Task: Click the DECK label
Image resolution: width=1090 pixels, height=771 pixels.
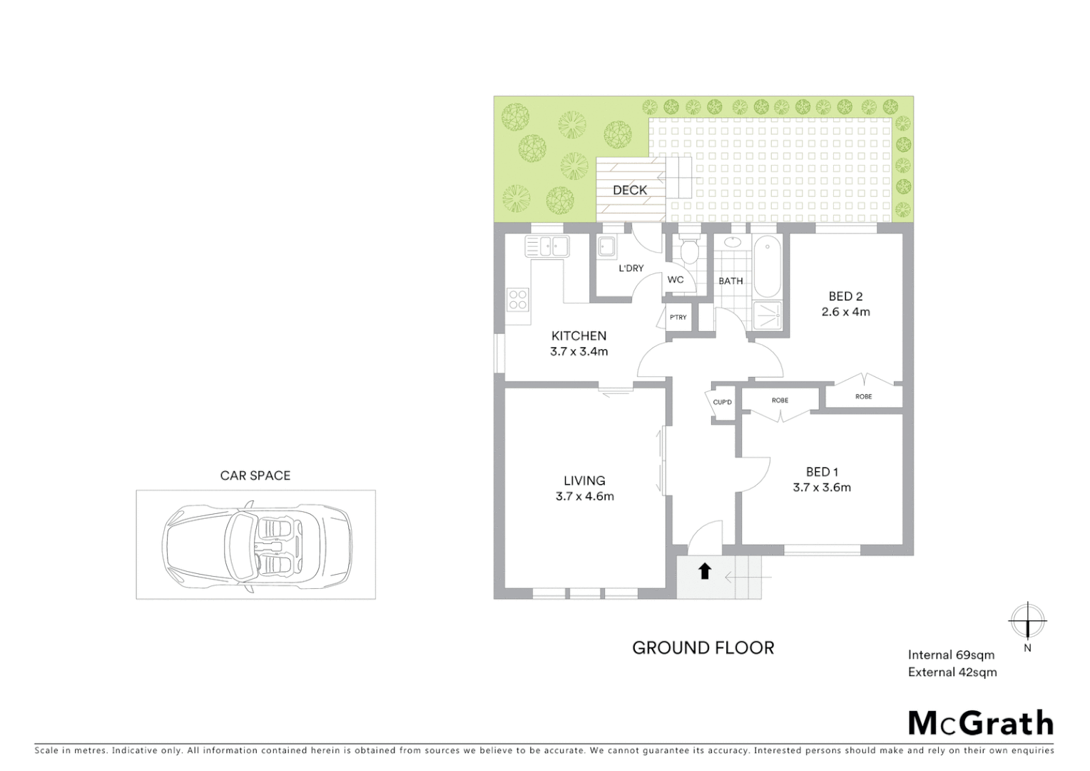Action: click(x=630, y=190)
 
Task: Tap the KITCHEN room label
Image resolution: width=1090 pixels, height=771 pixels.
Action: click(x=579, y=336)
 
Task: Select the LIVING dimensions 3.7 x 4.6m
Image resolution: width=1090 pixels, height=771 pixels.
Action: click(x=584, y=496)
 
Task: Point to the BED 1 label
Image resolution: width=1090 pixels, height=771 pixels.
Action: click(x=822, y=472)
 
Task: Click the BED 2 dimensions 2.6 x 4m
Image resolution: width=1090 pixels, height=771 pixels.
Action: click(x=845, y=312)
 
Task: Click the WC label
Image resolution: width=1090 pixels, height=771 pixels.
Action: click(x=676, y=280)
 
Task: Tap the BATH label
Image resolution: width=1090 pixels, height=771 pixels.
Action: click(x=730, y=281)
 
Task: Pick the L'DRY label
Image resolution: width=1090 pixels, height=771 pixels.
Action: click(x=631, y=268)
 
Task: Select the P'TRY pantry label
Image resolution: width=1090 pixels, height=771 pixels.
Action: click(x=678, y=317)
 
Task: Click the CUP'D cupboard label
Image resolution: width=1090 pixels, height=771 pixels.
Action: click(x=722, y=403)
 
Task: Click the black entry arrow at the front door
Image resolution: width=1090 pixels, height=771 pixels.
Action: click(x=705, y=570)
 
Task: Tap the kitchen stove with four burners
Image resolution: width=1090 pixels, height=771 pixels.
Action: click(x=518, y=300)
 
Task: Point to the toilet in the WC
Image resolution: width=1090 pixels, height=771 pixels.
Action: click(x=689, y=250)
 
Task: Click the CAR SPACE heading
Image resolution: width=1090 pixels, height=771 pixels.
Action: click(x=255, y=475)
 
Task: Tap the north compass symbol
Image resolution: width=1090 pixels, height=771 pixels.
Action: click(x=1027, y=621)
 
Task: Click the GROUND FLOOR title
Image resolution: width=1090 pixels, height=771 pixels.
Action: click(x=703, y=647)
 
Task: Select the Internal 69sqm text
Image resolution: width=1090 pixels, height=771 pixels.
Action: click(x=950, y=655)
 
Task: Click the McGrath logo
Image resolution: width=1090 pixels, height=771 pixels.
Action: click(x=980, y=723)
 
